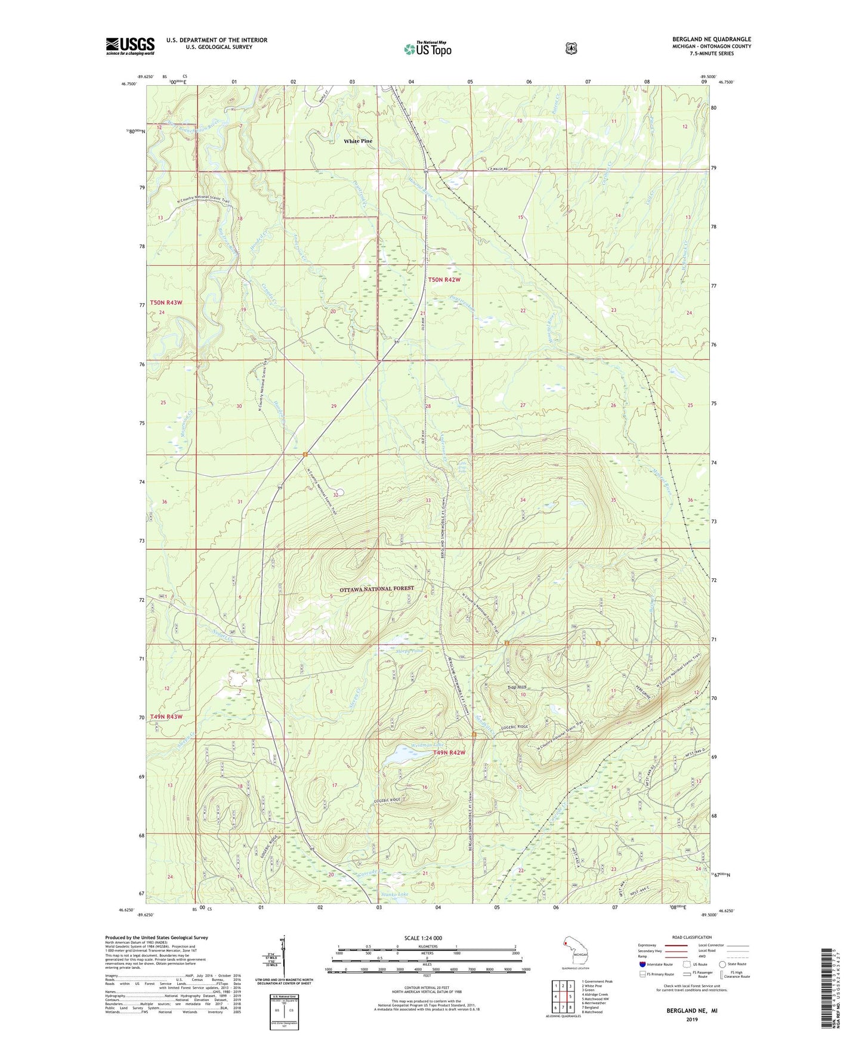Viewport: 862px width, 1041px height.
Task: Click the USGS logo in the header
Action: [x=130, y=46]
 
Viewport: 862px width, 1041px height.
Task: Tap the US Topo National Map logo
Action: [x=427, y=49]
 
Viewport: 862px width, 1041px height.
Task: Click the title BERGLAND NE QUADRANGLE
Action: [x=711, y=39]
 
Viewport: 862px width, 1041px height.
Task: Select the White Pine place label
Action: [x=358, y=141]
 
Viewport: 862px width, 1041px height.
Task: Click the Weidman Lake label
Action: [x=428, y=745]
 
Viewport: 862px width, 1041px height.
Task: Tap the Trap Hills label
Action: [x=516, y=687]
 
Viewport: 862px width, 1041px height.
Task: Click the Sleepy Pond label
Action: [x=409, y=651]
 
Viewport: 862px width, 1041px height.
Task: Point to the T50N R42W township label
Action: [x=444, y=280]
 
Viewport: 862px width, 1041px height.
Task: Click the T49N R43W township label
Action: [x=166, y=717]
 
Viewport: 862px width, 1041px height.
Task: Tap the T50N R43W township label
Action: [x=166, y=303]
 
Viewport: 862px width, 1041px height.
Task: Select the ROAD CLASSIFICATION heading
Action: [x=692, y=937]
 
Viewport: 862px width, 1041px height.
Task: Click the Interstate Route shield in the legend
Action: [x=642, y=964]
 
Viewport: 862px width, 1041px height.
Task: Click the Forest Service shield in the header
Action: [x=571, y=48]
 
